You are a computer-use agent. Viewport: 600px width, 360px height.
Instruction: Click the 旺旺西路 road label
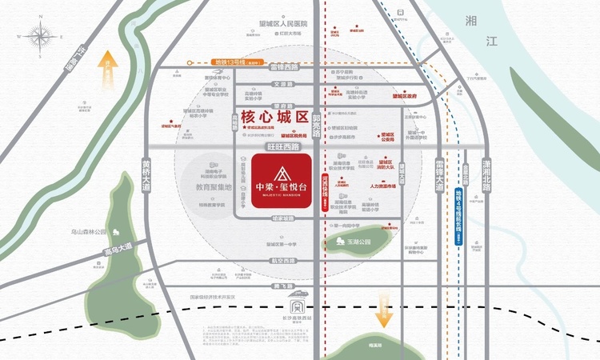pyautogui.click(x=284, y=147)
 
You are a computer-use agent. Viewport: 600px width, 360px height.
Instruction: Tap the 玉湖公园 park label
pyautogui.click(x=359, y=241)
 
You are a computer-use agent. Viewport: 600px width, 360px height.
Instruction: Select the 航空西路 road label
pyautogui.click(x=283, y=261)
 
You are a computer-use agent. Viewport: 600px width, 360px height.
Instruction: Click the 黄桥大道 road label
pyautogui.click(x=146, y=172)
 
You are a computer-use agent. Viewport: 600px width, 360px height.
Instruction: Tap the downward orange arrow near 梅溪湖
pyautogui.click(x=385, y=309)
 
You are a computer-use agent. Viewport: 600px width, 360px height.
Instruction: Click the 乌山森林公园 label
pyautogui.click(x=88, y=233)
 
